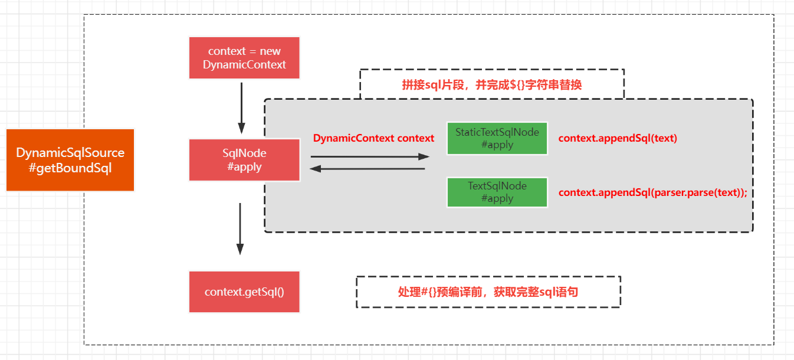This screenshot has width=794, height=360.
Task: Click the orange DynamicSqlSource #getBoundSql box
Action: pyautogui.click(x=70, y=160)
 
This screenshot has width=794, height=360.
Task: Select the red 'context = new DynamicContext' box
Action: pyautogui.click(x=244, y=58)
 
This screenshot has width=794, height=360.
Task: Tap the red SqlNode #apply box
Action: pyautogui.click(x=244, y=160)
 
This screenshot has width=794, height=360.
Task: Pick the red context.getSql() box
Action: pyautogui.click(x=244, y=292)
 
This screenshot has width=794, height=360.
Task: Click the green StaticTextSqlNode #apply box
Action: pyautogui.click(x=497, y=138)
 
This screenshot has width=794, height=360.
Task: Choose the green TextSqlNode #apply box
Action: pyautogui.click(x=497, y=192)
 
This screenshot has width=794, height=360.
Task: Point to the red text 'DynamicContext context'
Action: pyautogui.click(x=373, y=138)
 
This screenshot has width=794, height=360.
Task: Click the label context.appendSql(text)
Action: pyautogui.click(x=618, y=138)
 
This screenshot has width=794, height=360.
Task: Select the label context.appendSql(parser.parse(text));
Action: pyautogui.click(x=652, y=192)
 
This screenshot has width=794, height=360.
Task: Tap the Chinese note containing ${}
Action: pyautogui.click(x=491, y=85)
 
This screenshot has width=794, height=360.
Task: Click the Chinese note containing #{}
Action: pyautogui.click(x=488, y=292)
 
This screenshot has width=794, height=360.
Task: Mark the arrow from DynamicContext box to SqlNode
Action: pyautogui.click(x=241, y=108)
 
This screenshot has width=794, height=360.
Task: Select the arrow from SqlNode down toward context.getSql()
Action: pyautogui.click(x=240, y=229)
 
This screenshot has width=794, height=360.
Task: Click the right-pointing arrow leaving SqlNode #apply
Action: pyautogui.click(x=370, y=156)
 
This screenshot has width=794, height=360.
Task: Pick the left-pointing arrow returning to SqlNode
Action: pyautogui.click(x=368, y=169)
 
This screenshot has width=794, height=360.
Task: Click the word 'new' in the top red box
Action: pyautogui.click(x=270, y=51)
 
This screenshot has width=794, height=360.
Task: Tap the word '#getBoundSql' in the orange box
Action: pyautogui.click(x=70, y=168)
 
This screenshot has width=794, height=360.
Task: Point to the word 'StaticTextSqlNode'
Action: pyautogui.click(x=497, y=132)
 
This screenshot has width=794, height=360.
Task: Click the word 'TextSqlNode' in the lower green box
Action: pyautogui.click(x=497, y=186)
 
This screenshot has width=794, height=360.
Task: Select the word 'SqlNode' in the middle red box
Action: pyautogui.click(x=244, y=153)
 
